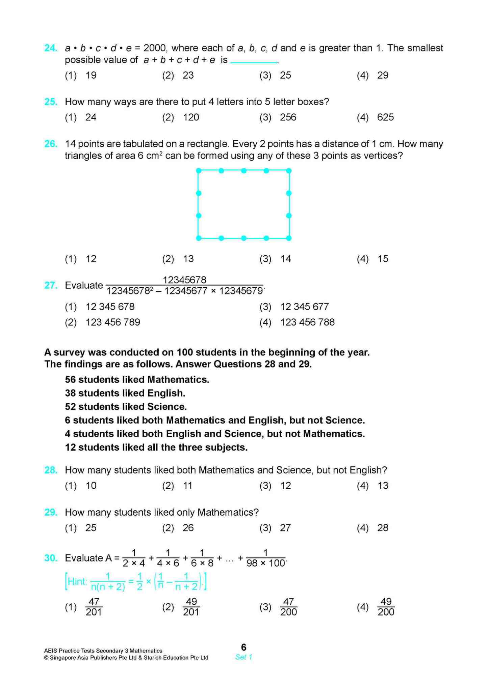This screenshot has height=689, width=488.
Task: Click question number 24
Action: pos(51,48)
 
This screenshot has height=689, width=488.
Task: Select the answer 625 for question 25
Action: pos(385,117)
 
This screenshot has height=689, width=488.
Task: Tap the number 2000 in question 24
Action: pos(155,48)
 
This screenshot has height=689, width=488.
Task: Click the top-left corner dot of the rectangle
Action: pos(199,171)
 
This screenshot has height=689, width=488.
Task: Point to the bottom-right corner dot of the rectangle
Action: pos(289,238)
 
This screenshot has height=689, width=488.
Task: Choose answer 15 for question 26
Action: pos(383,259)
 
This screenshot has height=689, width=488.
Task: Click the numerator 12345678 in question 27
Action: pos(184,280)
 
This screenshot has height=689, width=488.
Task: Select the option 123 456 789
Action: pos(113,322)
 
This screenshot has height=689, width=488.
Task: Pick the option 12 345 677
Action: pos(304,307)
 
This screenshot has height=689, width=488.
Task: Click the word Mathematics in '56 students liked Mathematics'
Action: pos(178,380)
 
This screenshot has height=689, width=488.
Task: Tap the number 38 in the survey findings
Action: pos(70,393)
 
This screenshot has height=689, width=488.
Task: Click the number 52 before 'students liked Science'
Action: pos(70,407)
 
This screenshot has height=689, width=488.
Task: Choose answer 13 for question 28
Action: pos(383,486)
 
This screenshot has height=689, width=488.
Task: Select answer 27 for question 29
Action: pos(285,528)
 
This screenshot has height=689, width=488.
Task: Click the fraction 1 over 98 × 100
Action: pos(266,558)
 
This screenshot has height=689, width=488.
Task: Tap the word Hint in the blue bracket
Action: pos(77,581)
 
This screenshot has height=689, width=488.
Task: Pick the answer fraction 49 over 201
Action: pos(191,607)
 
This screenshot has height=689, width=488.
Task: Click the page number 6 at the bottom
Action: pos(243,647)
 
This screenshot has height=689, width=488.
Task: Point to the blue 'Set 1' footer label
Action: pos(243,657)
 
